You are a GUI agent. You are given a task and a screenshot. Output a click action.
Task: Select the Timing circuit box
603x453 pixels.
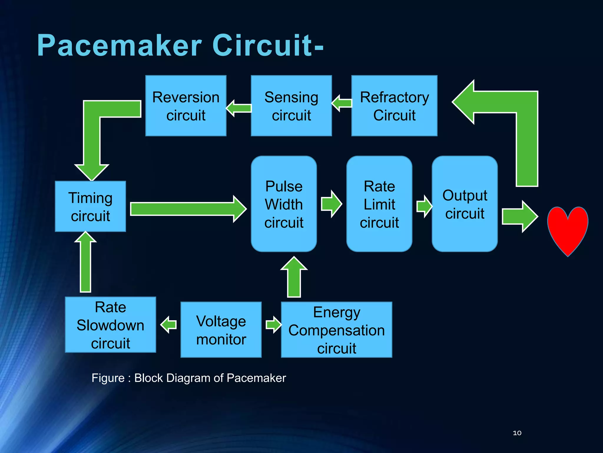click(x=90, y=206)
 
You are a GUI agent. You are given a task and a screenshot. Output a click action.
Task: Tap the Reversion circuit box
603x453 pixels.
click(x=186, y=106)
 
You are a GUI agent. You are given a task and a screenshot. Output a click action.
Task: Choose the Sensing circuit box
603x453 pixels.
click(x=291, y=106)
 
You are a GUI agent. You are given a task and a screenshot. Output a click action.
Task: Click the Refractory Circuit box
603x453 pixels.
click(x=394, y=106)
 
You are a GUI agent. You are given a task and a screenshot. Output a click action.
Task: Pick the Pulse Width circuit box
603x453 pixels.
click(x=284, y=204)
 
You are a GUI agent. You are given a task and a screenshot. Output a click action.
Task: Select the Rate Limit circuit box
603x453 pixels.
click(x=379, y=204)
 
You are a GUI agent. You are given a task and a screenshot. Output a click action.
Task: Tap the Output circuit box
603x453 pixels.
click(x=465, y=204)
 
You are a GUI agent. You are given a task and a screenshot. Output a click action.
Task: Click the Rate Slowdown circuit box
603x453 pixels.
click(x=110, y=325)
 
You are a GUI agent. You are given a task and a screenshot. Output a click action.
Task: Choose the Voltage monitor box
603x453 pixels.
click(x=221, y=330)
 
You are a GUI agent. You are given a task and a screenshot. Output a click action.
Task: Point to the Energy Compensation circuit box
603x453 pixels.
click(x=337, y=330)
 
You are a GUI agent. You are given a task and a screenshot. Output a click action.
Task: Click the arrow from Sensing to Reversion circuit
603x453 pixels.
click(x=239, y=108)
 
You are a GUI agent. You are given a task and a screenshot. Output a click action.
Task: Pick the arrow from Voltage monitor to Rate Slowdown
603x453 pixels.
click(x=169, y=325)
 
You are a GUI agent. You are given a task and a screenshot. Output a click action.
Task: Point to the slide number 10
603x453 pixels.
click(x=517, y=433)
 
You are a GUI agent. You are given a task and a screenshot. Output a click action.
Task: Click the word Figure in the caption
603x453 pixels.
click(x=108, y=378)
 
